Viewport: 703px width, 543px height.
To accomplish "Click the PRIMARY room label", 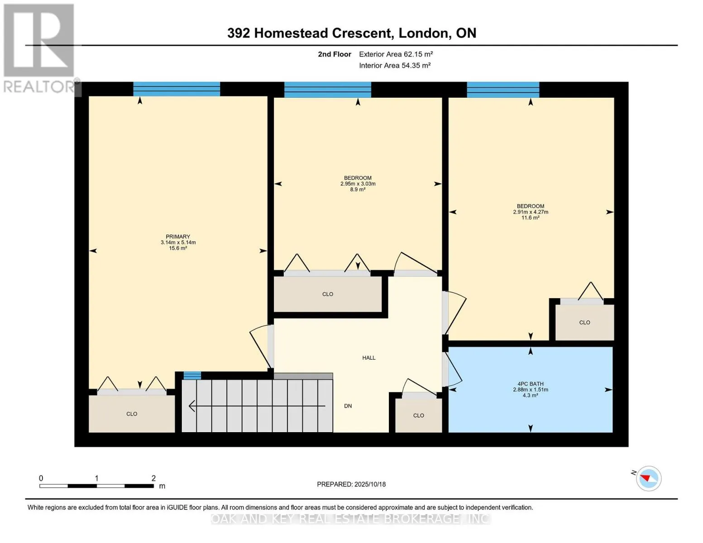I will pyautogui.click(x=178, y=237).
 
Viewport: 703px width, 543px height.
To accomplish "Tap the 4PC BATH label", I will pyautogui.click(x=531, y=384).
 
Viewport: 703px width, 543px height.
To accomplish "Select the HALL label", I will pyautogui.click(x=368, y=358).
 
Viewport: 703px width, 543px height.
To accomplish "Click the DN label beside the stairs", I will pyautogui.click(x=348, y=406).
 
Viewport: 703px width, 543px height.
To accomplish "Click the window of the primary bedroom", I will pyautogui.click(x=177, y=89).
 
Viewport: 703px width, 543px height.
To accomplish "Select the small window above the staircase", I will pyautogui.click(x=192, y=375).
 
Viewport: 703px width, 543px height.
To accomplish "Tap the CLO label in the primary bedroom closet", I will pyautogui.click(x=132, y=414).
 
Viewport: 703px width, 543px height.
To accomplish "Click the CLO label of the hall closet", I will pyautogui.click(x=418, y=415).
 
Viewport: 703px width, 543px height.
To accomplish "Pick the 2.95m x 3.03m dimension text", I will pyautogui.click(x=358, y=184).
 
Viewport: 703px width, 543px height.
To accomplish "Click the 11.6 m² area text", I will pyautogui.click(x=530, y=218).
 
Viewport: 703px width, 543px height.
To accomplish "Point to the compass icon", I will pyautogui.click(x=648, y=478).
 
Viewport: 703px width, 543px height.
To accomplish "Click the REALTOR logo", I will pyautogui.click(x=39, y=48).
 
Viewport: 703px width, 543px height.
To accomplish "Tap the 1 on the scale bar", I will pyautogui.click(x=96, y=478).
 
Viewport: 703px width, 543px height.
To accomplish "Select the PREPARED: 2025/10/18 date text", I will pyautogui.click(x=351, y=484).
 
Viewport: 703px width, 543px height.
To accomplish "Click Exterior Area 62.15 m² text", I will pyautogui.click(x=396, y=54).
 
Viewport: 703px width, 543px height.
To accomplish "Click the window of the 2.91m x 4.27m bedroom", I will pyautogui.click(x=503, y=90).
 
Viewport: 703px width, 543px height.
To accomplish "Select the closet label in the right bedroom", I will pyautogui.click(x=584, y=323).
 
